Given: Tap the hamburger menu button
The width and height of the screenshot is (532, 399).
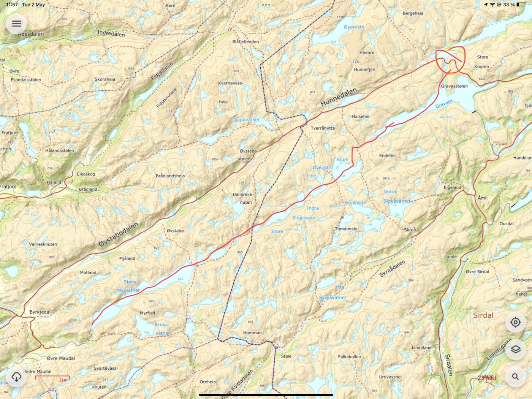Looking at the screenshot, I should pos(16,24).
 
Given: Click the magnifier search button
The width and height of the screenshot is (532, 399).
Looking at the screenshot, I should pos(515,377).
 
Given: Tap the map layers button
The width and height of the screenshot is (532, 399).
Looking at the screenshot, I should pos(515,349).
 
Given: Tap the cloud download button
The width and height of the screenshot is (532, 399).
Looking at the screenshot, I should pos(16,377).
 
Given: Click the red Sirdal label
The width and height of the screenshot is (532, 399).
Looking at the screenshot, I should pos(483,315).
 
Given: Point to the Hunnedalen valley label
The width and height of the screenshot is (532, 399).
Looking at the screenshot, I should pos(339,97).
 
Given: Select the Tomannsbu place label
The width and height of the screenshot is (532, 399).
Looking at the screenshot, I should pos(347,229).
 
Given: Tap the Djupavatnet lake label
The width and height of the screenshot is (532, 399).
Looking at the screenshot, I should pos(246,120).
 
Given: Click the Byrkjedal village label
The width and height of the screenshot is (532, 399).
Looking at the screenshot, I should pos(40,312).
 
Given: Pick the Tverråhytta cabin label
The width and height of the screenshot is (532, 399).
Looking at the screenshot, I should pos(323,128).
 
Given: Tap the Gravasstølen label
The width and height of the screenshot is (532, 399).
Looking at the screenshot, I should pos(454,86).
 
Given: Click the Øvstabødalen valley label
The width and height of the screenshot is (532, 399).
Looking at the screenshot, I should pos(119,235).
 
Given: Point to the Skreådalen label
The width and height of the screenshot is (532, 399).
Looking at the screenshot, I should pos(392,269).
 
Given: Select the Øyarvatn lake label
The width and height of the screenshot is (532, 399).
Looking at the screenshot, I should pos(354,27).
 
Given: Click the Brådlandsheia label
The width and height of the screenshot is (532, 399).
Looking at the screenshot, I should pos(170,176).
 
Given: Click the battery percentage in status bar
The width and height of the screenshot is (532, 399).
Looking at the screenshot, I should pos(509,5).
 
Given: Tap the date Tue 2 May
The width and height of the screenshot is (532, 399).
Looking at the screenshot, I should pos(33,5).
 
